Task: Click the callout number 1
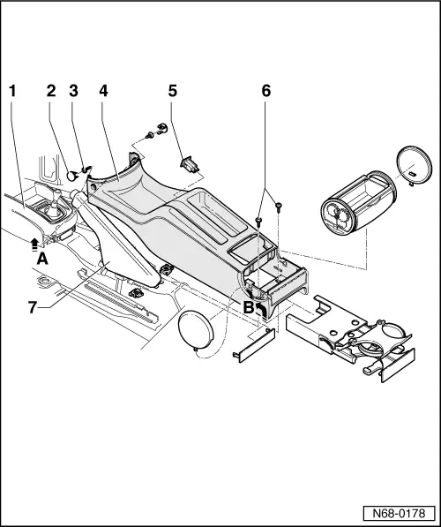tap(12, 90)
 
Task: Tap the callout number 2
tap(51, 90)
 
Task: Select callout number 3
tap(74, 90)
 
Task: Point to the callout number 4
tap(103, 90)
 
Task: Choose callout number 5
tap(173, 90)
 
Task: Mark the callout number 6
tap(266, 90)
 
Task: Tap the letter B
tap(250, 309)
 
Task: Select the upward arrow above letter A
tap(34, 241)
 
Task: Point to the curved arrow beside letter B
tap(261, 306)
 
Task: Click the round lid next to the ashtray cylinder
tap(414, 165)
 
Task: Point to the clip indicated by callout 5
tap(188, 164)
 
